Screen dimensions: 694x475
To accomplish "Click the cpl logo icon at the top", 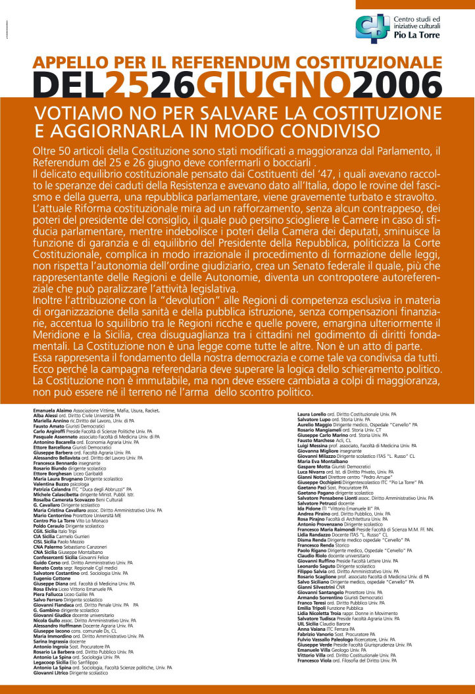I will (x=372, y=29).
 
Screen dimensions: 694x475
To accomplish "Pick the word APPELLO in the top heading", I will (x=72, y=63).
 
